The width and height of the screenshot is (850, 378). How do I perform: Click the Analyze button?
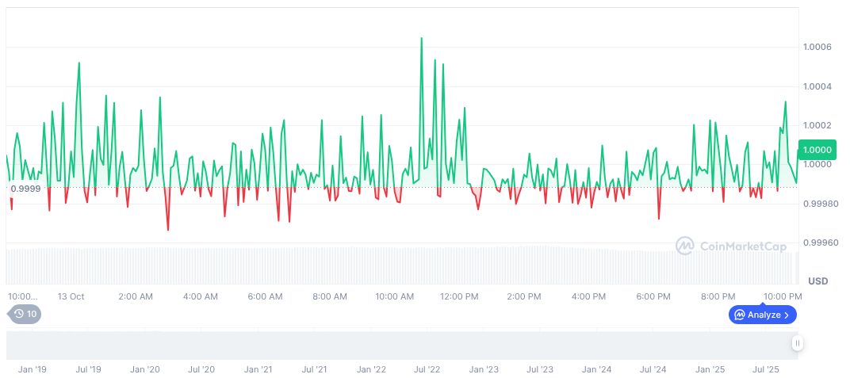(762, 315)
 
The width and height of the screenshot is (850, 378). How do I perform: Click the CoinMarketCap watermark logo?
(731, 246)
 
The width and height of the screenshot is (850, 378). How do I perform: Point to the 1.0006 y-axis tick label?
(818, 48)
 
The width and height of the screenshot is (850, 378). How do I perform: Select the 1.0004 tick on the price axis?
(818, 86)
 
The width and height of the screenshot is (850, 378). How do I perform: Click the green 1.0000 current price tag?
(817, 150)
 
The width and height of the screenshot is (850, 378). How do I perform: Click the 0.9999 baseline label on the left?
(25, 188)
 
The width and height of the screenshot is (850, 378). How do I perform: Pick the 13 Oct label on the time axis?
(71, 296)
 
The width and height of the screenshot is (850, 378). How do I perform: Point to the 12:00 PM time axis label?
(459, 296)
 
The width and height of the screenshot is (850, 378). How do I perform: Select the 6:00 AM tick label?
(265, 296)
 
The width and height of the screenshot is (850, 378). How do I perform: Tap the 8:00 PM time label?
(718, 296)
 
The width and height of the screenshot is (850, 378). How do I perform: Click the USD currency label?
(817, 281)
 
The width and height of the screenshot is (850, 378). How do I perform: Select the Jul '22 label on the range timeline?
(427, 369)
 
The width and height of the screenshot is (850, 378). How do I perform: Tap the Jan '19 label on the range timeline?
(33, 369)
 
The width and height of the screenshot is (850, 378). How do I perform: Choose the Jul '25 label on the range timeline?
(765, 369)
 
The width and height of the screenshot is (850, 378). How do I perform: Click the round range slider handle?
(797, 343)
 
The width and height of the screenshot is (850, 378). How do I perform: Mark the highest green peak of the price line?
(421, 38)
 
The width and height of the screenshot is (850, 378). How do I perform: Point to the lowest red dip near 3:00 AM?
(168, 231)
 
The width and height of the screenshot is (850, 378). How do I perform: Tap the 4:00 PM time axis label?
(588, 296)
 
